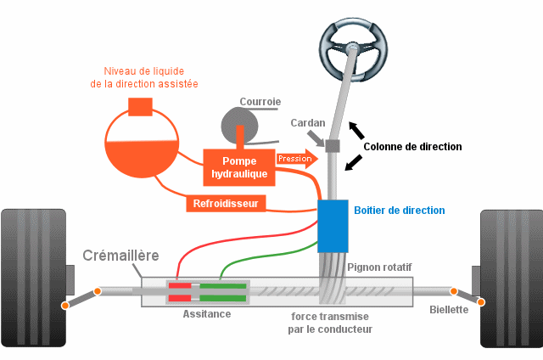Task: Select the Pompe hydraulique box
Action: click(239, 168)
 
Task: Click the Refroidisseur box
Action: click(227, 203)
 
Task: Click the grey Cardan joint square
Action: click(333, 146)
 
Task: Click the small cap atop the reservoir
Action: click(139, 106)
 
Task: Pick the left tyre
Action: click(32, 278)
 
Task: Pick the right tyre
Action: click(511, 278)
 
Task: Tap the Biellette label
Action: click(449, 310)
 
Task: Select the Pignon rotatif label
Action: click(379, 267)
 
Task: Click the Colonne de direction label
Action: click(412, 146)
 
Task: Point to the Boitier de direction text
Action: click(399, 211)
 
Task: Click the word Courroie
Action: click(260, 101)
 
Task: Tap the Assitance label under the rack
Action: click(207, 313)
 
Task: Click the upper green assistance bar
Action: click(224, 286)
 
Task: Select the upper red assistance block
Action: click(180, 286)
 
